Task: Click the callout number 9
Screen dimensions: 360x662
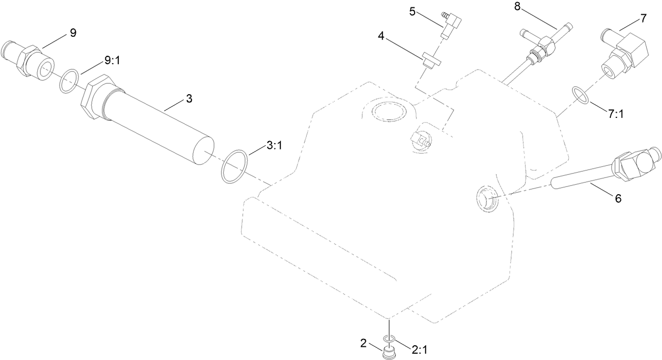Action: pyautogui.click(x=73, y=33)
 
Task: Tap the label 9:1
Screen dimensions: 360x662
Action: pyautogui.click(x=112, y=61)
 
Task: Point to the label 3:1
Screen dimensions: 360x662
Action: pyautogui.click(x=274, y=146)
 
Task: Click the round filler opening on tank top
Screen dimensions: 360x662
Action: pyautogui.click(x=389, y=111)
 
